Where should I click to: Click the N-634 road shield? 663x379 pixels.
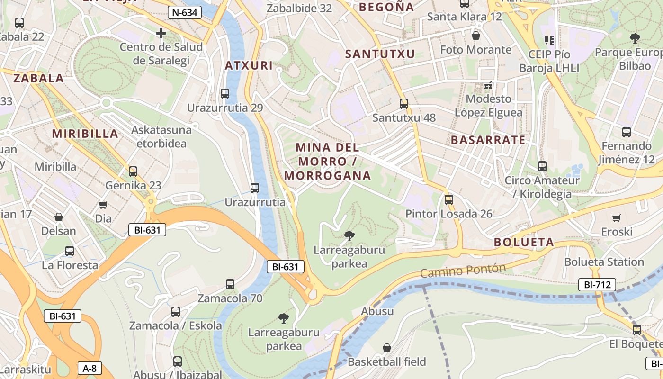(185, 13)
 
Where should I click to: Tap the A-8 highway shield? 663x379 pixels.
(90, 368)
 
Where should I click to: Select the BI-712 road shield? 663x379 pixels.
(597, 285)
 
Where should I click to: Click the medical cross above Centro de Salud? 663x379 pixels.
(161, 33)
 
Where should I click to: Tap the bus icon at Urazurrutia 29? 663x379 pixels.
(225, 94)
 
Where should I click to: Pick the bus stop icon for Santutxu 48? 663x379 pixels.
(404, 103)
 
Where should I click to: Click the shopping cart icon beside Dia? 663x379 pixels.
(103, 205)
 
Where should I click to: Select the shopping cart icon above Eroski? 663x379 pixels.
(616, 218)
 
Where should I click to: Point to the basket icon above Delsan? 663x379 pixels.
(59, 217)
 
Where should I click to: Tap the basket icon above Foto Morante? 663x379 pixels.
(476, 36)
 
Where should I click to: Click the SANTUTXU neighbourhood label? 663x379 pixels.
(380, 54)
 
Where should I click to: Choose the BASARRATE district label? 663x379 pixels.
(488, 140)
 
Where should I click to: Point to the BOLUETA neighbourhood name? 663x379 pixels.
(524, 243)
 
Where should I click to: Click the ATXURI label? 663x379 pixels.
(250, 65)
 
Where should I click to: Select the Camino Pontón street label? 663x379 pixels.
(463, 271)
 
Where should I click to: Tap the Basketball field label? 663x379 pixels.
(387, 362)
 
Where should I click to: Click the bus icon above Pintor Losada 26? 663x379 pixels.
(449, 200)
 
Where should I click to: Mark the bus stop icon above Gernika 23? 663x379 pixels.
(133, 171)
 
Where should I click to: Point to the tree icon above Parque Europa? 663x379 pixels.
(635, 38)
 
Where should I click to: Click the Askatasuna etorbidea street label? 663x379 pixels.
(161, 136)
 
